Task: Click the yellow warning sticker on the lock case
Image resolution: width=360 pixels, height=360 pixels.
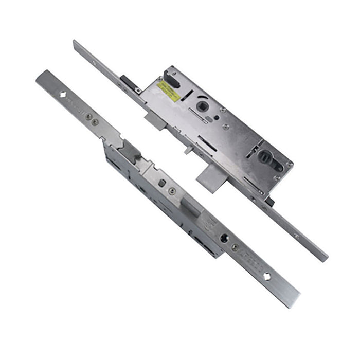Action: click(x=168, y=92)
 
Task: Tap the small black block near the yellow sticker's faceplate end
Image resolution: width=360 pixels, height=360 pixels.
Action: click(x=127, y=81)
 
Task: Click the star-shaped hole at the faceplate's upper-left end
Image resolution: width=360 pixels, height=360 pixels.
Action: click(x=62, y=95)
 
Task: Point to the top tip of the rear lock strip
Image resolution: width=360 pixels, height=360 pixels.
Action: click(x=75, y=42)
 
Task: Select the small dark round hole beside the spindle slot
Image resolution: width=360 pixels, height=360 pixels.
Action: click(x=217, y=117)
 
